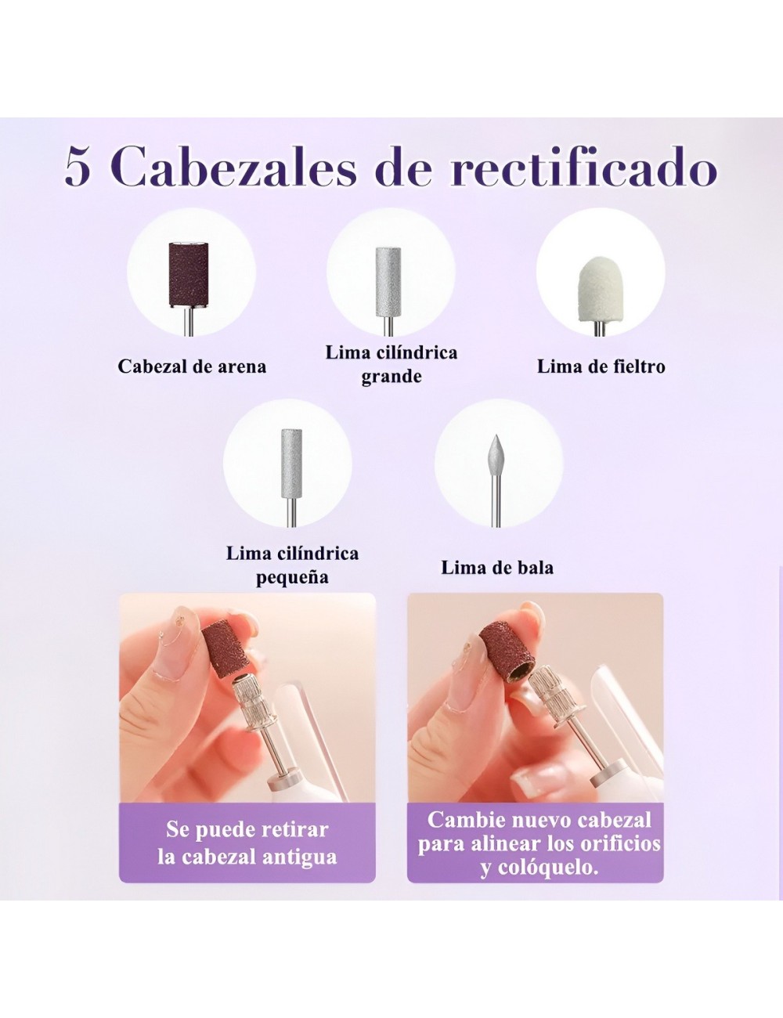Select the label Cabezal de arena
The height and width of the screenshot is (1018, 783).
coord(192,366)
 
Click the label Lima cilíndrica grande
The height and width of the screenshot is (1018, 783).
coord(391,364)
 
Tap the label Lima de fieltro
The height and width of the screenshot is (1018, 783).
coord(601,366)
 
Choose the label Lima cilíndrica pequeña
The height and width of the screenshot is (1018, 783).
coord(292,565)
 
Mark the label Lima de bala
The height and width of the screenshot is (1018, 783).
coord(497,567)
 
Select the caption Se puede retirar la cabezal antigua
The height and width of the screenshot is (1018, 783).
coord(247,843)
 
